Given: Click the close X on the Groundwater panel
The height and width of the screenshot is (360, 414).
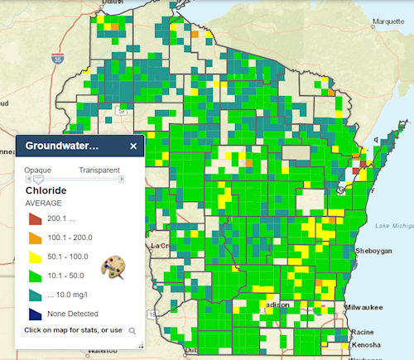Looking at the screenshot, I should [x=133, y=146].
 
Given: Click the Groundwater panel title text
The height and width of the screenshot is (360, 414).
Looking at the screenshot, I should [x=62, y=146].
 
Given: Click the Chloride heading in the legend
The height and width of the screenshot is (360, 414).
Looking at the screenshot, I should [x=57, y=190].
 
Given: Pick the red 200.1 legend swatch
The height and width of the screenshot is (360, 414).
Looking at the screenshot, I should [x=35, y=219].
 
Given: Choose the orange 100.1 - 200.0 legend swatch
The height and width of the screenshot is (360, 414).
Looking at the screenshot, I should [x=35, y=238].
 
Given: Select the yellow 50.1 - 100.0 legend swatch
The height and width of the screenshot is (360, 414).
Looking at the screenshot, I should [x=35, y=257].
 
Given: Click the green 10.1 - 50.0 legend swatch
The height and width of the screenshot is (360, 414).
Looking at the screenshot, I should [x=35, y=276].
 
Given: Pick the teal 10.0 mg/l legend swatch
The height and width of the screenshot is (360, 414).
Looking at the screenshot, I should [x=35, y=295].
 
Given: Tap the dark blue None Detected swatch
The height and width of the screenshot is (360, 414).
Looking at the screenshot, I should [x=35, y=314].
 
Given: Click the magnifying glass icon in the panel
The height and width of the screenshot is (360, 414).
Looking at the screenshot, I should [x=131, y=331].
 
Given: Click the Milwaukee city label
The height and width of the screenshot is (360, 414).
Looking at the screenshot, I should [x=367, y=305].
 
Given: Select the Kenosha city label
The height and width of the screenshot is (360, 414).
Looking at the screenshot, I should [x=370, y=343].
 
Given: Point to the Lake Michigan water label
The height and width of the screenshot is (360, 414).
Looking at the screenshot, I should [x=394, y=226].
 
